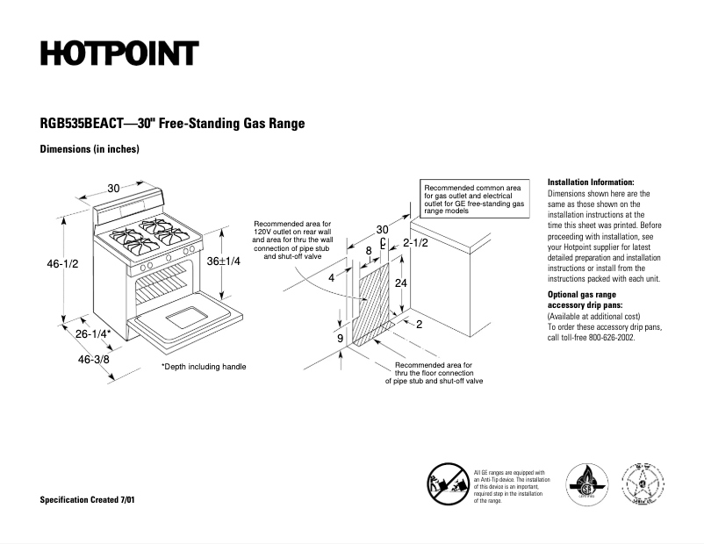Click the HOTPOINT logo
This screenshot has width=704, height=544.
pos(119,54)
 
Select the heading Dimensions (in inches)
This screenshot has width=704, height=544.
pos(90,150)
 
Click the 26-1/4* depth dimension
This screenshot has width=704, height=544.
pos(93,333)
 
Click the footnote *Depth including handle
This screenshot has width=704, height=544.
pos(203,366)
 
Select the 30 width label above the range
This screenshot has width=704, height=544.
pos(114,188)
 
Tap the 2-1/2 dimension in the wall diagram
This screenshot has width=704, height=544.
pos(415,242)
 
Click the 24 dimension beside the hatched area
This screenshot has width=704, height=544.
pos(400,283)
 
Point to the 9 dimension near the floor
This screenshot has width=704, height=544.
pos(340,337)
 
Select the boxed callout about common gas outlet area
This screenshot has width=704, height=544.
pos(474,199)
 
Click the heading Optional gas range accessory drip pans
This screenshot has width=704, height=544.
pos(585,300)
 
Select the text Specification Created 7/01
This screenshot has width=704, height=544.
pos(88,499)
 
